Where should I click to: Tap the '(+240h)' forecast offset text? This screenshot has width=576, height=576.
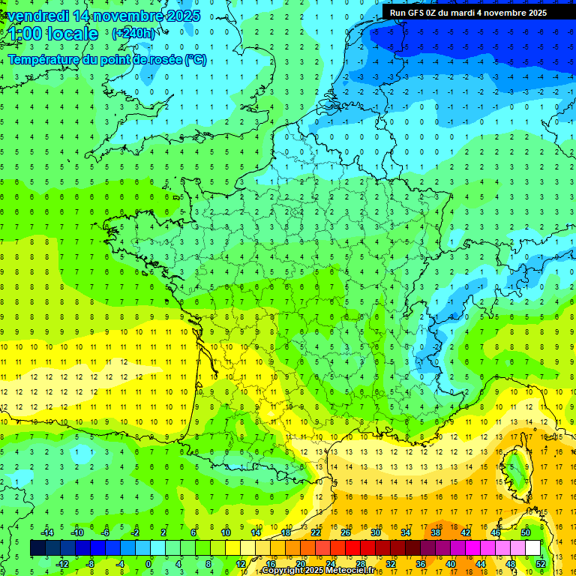134,33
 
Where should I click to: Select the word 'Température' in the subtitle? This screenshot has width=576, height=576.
43,59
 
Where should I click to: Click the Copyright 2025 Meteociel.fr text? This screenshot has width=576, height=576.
318,571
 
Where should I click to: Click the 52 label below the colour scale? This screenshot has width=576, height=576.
541,563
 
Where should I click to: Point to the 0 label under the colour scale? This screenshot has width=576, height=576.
148,563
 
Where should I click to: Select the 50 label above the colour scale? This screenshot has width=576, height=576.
526,532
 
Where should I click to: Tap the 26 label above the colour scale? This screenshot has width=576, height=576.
345,532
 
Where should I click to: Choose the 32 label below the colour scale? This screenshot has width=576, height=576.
390,563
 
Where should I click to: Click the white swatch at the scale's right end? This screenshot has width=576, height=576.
533,547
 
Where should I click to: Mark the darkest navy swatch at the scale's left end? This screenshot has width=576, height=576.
37,547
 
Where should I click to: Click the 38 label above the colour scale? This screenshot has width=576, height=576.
435,532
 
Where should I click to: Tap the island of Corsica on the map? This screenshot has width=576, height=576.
517,466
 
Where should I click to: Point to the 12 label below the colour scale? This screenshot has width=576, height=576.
240,563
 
